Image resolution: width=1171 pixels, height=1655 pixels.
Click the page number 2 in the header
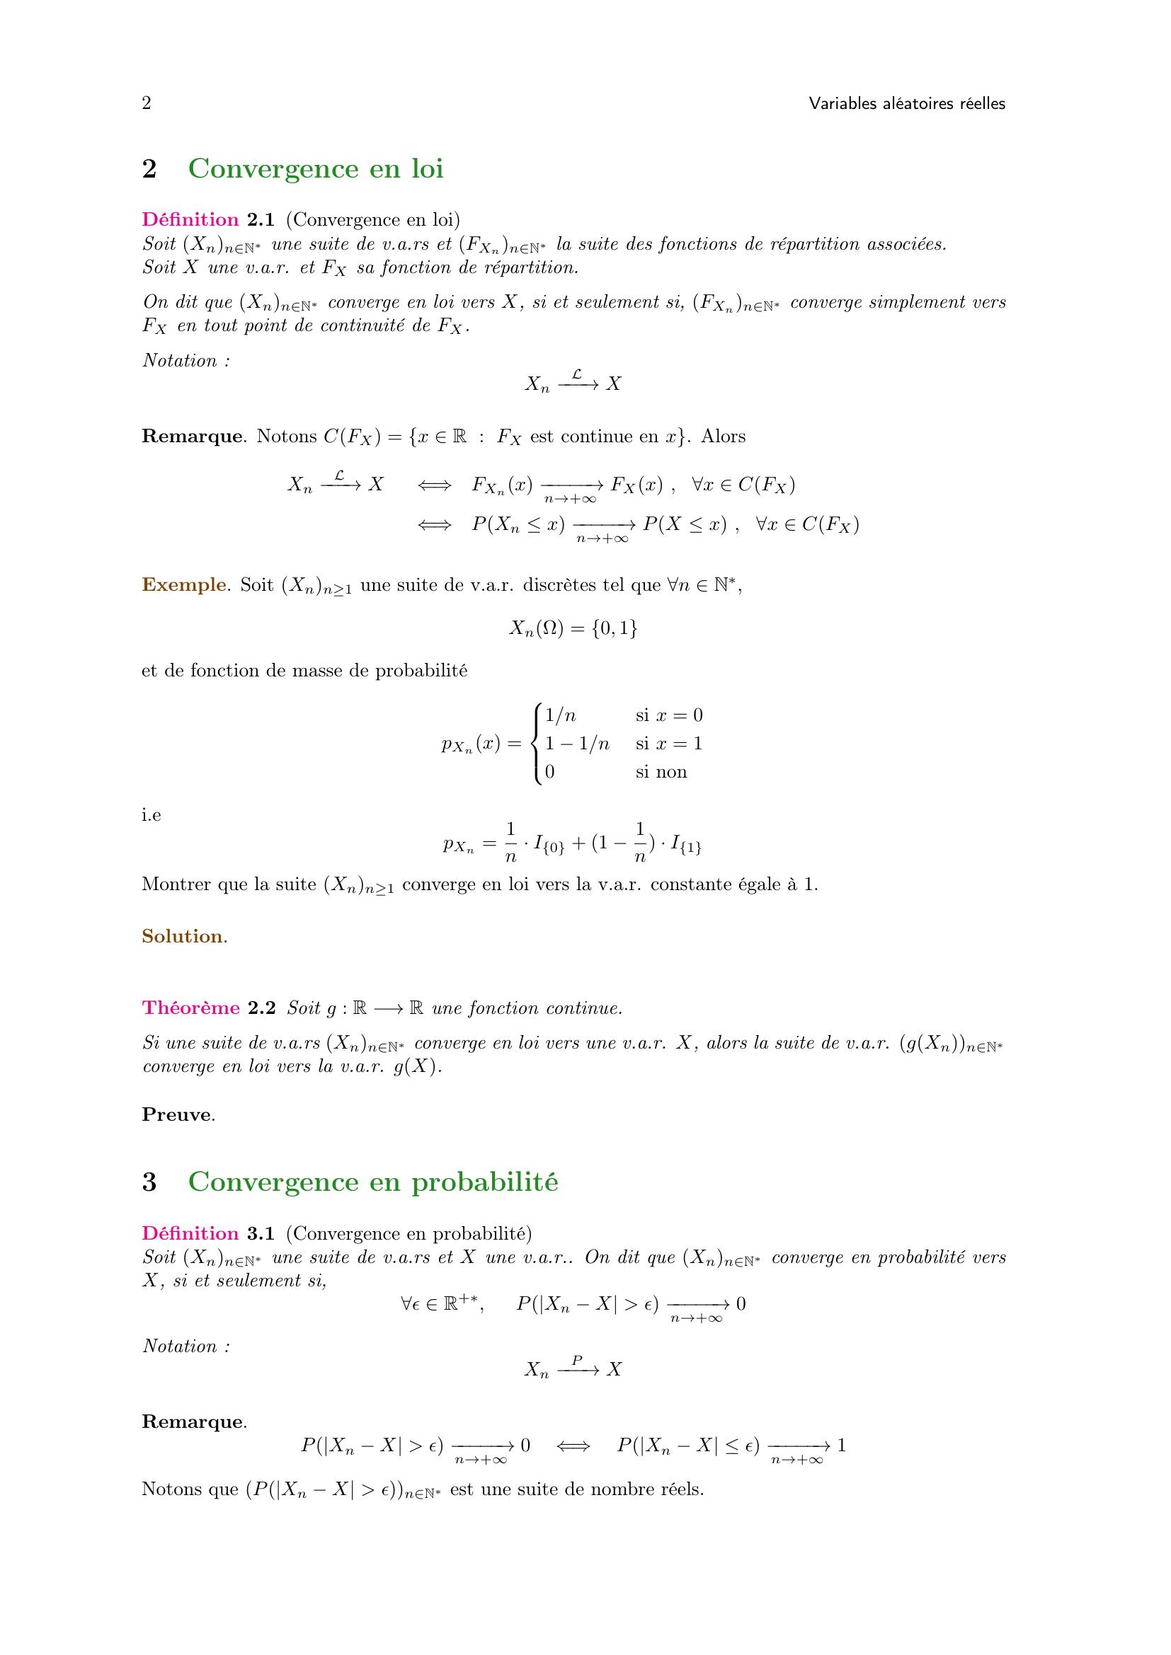[147, 104]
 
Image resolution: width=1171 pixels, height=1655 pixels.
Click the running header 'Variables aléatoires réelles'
[906, 104]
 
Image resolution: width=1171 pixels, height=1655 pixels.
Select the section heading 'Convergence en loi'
[315, 168]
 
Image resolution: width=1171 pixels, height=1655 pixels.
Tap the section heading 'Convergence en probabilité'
[373, 1182]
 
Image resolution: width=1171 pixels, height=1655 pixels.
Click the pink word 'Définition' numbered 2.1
[190, 220]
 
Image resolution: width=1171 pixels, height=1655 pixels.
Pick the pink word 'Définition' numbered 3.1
[190, 1233]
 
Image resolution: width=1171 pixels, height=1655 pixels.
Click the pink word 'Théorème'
[191, 1008]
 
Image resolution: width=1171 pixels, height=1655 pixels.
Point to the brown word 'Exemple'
[184, 584]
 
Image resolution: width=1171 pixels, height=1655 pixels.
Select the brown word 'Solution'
[183, 936]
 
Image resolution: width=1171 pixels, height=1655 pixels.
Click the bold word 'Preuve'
[177, 1114]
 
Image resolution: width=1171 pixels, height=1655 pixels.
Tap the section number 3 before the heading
[149, 1182]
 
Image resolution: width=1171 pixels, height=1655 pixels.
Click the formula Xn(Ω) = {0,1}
[573, 629]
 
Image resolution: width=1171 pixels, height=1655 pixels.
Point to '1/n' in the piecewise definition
[560, 716]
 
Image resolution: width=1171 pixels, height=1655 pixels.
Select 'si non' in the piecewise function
[661, 772]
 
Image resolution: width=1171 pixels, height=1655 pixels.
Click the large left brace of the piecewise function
[535, 744]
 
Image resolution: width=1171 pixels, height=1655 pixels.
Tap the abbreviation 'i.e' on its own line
[152, 815]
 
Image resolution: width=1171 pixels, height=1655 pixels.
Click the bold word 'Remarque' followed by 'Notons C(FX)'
[191, 436]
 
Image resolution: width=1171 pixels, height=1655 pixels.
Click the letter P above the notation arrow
[577, 1360]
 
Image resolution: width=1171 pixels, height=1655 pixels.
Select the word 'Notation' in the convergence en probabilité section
[181, 1346]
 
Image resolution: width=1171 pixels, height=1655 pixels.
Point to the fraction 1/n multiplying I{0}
[511, 842]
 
